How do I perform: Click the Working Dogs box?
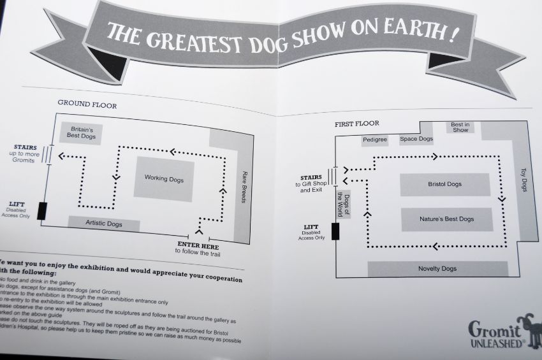[164, 179]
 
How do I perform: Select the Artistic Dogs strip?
[104, 224]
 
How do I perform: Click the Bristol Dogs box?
[444, 184]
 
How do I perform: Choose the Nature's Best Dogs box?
[446, 219]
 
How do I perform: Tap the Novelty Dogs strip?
[437, 268]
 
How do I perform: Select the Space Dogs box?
[416, 139]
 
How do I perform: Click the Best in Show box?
[460, 127]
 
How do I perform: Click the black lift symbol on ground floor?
[42, 210]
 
